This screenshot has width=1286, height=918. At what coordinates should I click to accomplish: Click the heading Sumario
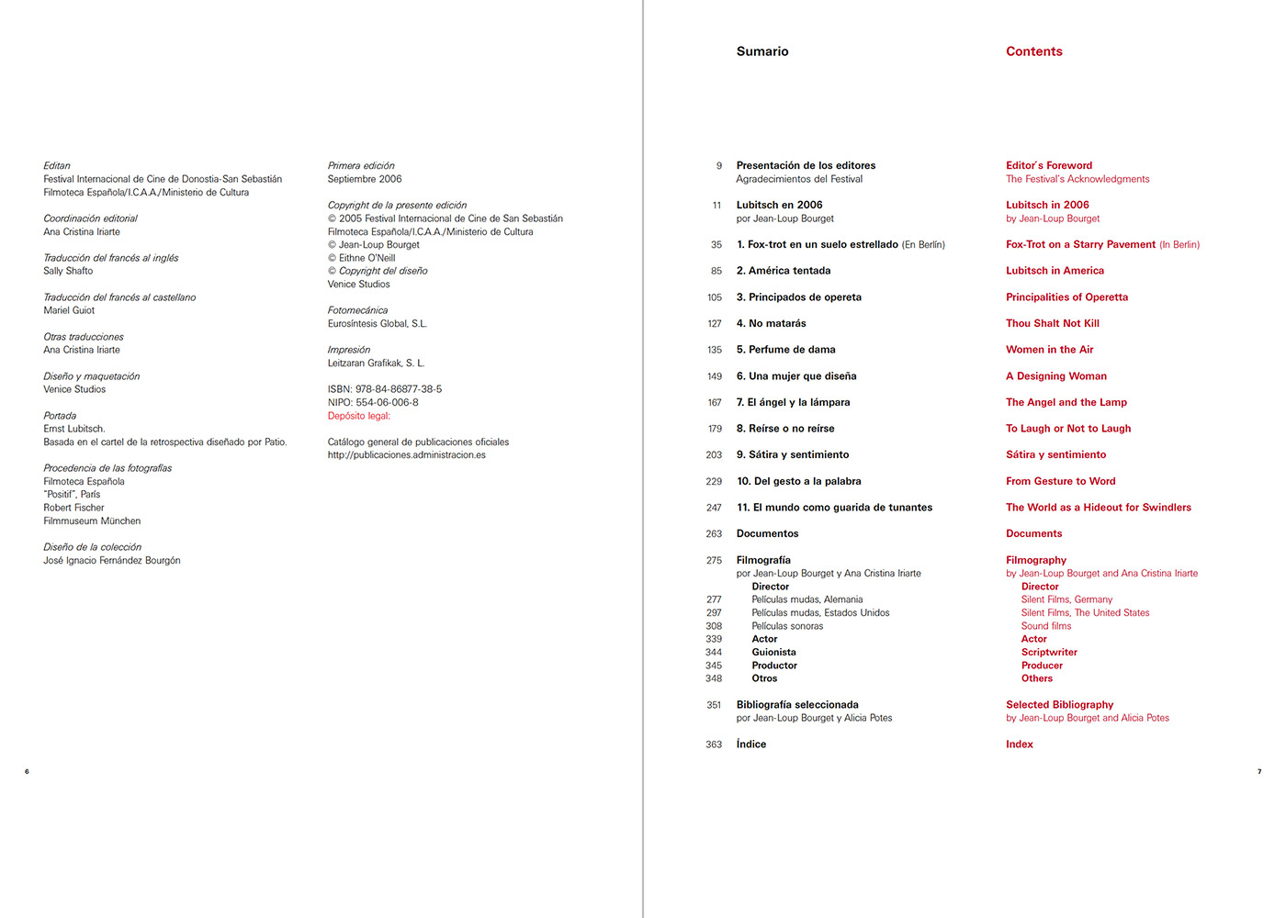coord(761,51)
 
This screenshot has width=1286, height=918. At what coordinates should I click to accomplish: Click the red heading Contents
coord(1033,51)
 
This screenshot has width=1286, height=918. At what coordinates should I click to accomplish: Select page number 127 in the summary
coord(714,324)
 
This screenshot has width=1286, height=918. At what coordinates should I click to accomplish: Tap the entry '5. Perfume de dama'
coord(785,350)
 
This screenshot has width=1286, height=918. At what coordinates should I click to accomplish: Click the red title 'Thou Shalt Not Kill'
coord(1052,324)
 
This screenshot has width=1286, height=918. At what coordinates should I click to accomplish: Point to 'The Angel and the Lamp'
coord(1066,403)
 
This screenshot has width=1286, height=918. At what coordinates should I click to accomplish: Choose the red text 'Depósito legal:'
coord(358,416)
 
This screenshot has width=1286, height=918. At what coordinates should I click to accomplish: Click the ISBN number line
coord(384,389)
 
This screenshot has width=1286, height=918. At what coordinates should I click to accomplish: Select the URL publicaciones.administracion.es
coord(406,455)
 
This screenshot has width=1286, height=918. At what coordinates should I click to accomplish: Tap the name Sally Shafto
coord(68,272)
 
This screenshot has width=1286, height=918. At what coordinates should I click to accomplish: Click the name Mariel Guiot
coord(69,311)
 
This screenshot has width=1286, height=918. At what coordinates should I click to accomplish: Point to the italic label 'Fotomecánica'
coord(357,310)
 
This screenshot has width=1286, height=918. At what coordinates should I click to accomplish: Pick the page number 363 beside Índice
coord(714,744)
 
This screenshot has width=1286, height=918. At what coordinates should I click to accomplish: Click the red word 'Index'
coord(1019,744)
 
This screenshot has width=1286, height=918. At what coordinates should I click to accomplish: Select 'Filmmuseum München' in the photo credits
coord(92,521)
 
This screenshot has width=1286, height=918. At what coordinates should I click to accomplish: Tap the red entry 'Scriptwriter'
coord(1049,653)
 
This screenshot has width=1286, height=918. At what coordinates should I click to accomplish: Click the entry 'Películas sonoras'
coord(787,626)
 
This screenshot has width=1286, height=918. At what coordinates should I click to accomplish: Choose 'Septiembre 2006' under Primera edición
coord(365,180)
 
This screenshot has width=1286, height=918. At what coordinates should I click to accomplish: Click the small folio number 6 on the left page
coord(27,771)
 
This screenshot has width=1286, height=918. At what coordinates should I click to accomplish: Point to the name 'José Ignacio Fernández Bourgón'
coord(111,561)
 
